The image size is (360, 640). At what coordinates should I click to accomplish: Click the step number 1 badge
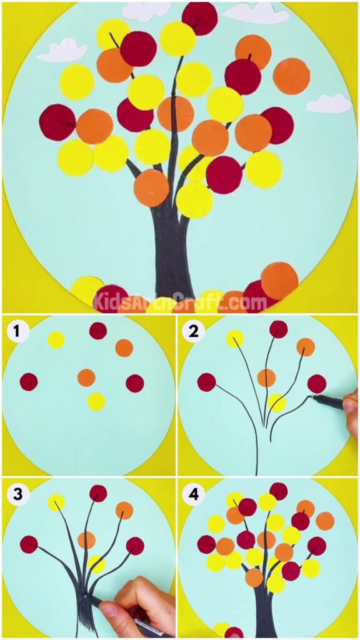coord(19,331)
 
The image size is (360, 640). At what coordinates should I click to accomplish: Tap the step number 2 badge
coord(193,331)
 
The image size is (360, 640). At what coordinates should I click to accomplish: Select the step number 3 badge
coord(19,494)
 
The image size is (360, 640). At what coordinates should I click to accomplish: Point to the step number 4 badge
coord(193,494)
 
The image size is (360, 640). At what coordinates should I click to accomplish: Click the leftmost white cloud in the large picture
coord(62,50)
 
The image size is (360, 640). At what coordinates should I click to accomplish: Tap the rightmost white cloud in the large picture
coord(329,104)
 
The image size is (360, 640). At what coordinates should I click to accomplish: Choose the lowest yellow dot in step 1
coord(96,401)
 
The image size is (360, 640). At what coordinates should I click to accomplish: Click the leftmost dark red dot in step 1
coord(29,381)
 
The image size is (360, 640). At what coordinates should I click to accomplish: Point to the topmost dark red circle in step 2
coord(279,329)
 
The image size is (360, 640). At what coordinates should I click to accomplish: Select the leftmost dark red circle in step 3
coord(29,544)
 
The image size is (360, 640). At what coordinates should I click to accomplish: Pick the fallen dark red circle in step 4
coord(234,632)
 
